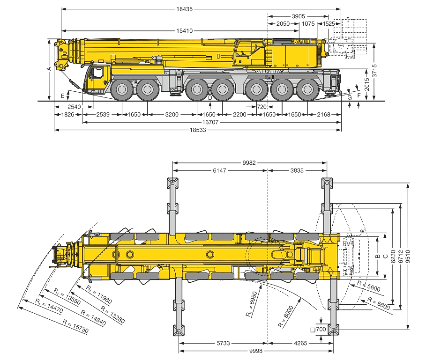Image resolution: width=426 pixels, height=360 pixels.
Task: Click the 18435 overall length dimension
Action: coord(185,9)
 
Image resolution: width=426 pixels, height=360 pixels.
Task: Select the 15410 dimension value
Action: coord(185,30)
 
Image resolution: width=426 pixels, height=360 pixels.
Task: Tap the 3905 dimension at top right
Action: coord(299,16)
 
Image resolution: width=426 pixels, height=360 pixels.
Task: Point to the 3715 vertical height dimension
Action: coord(374,71)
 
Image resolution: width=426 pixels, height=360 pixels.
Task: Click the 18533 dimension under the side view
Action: coord(198,130)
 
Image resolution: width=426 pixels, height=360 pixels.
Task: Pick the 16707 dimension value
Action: coord(210,122)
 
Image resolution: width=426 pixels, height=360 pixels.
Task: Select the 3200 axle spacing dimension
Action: coord(172,115)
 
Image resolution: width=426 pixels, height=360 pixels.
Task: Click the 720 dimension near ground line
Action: coord(262,107)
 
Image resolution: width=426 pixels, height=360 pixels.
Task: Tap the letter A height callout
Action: coord(49,69)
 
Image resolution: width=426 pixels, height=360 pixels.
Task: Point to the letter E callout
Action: coord(63,96)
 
